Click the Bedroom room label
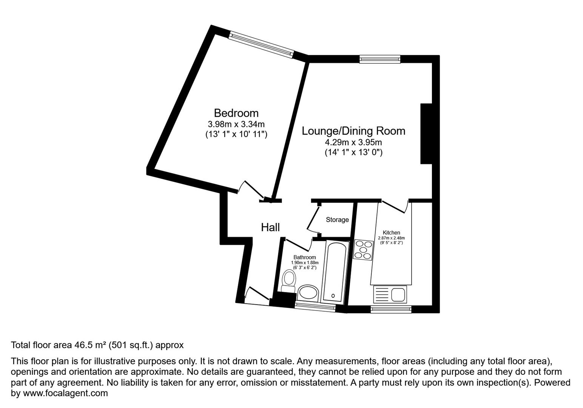[236, 113]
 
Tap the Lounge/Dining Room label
[353, 131]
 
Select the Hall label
[270, 227]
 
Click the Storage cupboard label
[337, 219]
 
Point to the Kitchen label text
[391, 233]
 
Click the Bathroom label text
[304, 257]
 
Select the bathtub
[335, 272]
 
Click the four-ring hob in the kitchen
[363, 250]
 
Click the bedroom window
[261, 45]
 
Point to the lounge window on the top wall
[379, 58]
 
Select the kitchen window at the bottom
[391, 309]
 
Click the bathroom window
[315, 307]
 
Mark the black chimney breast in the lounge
[426, 134]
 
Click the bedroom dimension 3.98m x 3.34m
[236, 124]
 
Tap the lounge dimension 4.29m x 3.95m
[353, 142]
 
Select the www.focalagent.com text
[65, 393]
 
